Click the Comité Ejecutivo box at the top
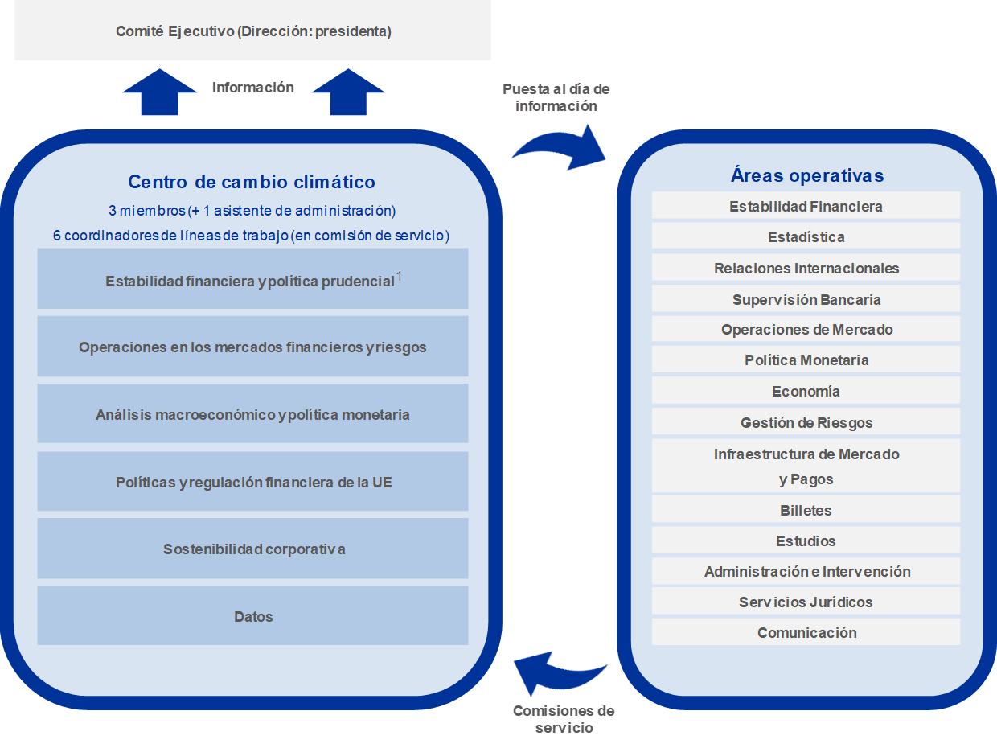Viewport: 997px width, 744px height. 252,30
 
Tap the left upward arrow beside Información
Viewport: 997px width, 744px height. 159,92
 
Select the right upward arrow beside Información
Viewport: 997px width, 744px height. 348,92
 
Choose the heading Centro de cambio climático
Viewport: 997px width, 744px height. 252,182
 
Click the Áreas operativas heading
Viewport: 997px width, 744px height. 807,175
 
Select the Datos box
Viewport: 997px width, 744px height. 252,615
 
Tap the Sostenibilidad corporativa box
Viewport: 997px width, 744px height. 252,549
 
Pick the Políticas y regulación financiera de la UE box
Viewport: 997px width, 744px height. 252,481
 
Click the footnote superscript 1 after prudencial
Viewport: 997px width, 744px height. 399,276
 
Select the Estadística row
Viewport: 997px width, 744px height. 806,236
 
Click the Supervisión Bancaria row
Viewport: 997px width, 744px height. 806,299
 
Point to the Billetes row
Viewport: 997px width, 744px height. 806,510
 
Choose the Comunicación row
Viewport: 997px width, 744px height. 806,632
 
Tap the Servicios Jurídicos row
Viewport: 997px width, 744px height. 806,602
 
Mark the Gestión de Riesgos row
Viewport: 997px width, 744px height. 806,422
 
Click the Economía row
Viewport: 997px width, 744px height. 806,391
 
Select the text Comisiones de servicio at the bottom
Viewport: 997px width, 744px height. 564,719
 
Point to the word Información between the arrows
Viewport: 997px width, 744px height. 253,87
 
